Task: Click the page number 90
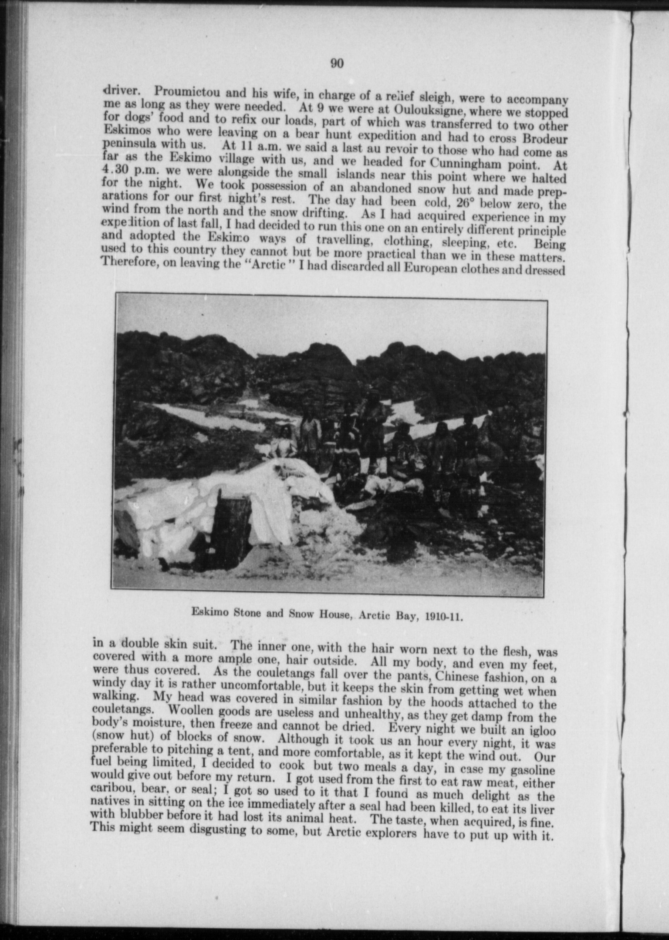[x=337, y=64]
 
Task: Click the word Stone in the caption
[x=246, y=613]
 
